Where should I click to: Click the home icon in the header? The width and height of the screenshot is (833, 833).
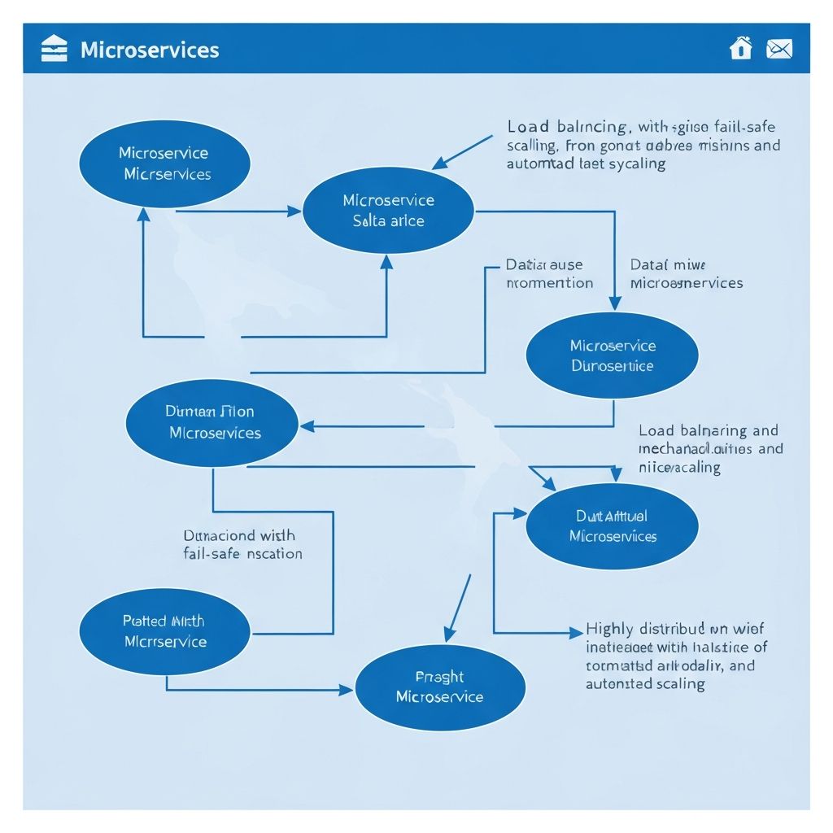click(x=740, y=49)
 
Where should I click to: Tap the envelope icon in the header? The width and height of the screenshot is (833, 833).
click(x=778, y=49)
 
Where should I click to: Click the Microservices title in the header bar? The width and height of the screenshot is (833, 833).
click(x=150, y=50)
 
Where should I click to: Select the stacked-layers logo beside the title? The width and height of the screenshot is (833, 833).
click(x=54, y=49)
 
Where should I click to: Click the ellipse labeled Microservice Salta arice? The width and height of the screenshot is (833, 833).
click(x=388, y=211)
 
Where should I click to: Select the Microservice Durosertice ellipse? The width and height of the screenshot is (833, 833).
click(x=612, y=355)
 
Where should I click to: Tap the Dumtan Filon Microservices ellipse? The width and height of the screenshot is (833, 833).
click(x=212, y=422)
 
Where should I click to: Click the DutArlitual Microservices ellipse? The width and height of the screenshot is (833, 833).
click(x=612, y=526)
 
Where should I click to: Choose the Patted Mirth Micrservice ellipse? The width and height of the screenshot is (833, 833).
click(x=165, y=631)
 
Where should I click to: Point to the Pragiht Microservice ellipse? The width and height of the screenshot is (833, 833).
click(x=439, y=687)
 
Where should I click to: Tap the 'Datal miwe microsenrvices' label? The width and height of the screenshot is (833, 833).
click(x=686, y=274)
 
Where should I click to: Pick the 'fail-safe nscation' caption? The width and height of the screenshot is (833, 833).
click(x=243, y=554)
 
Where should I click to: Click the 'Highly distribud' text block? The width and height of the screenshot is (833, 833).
click(x=676, y=656)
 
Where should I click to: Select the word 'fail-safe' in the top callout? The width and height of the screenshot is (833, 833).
click(x=744, y=127)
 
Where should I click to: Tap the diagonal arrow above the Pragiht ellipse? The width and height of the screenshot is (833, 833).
click(x=458, y=608)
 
